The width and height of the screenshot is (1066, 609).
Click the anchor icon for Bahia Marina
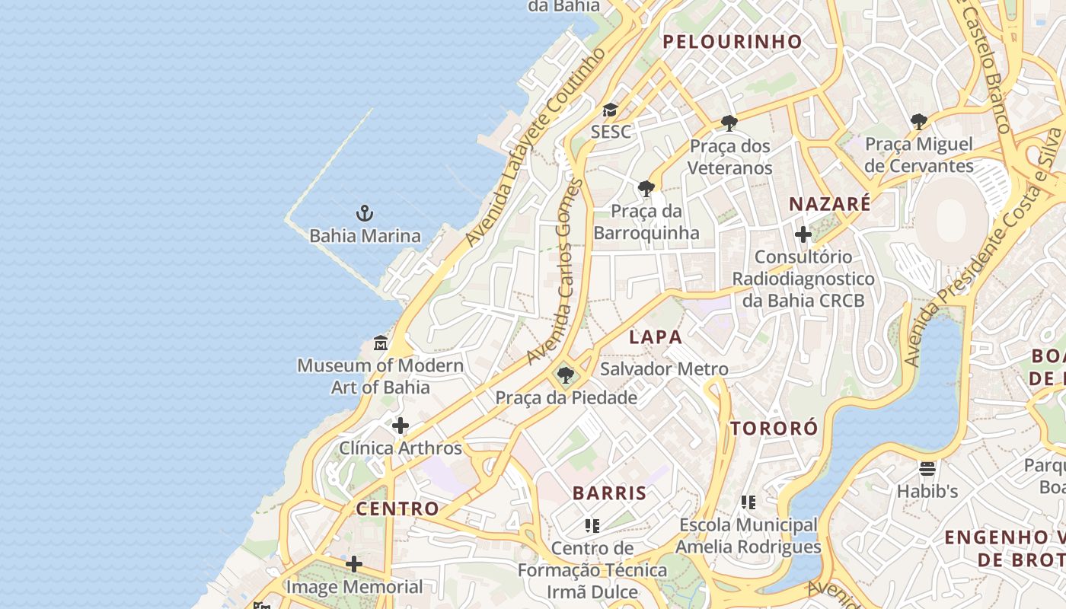click(x=365, y=212)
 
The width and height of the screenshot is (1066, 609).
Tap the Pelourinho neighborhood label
click(x=732, y=42)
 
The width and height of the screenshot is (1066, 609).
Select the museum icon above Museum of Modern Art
click(x=381, y=343)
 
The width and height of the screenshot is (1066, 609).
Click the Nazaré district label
click(x=829, y=204)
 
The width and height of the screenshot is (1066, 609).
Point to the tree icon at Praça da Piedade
click(x=565, y=375)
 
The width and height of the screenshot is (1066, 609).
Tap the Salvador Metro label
click(x=664, y=369)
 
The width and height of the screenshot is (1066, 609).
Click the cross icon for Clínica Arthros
click(x=401, y=426)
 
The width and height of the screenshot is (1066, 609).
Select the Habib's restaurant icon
click(x=927, y=468)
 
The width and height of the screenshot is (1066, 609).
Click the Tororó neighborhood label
click(x=774, y=428)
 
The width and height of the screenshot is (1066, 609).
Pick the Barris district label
click(x=609, y=493)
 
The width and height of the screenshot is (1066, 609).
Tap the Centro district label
click(x=397, y=509)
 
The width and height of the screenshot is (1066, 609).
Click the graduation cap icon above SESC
click(x=610, y=110)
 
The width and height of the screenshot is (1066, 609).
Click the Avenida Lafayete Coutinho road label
click(x=536, y=148)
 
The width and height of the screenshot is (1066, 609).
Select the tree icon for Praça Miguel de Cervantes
click(x=918, y=121)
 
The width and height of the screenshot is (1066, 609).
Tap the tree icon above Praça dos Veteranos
click(x=729, y=123)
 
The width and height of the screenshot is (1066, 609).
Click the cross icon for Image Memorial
click(x=354, y=564)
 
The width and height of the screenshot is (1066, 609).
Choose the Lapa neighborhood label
click(x=655, y=336)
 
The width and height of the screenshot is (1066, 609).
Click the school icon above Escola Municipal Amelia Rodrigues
click(x=748, y=502)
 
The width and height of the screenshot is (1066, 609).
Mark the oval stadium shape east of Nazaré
click(x=951, y=221)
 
